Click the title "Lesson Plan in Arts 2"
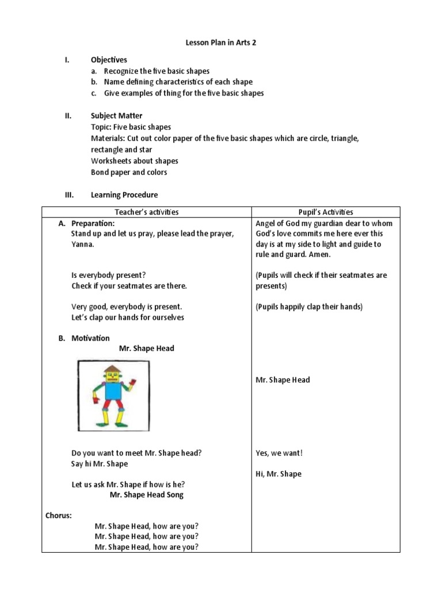coord(220,43)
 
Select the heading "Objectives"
coord(109,60)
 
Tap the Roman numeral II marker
coord(67,116)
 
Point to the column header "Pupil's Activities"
coord(326,212)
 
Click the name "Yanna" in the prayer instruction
coord(82,244)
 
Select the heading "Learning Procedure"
coord(124,195)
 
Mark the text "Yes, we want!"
coord(279,453)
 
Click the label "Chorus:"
coord(59,515)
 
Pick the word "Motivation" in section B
coord(90,338)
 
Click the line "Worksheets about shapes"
coord(134,161)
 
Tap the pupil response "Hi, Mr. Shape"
coord(278,474)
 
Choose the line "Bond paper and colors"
coord(129,172)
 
